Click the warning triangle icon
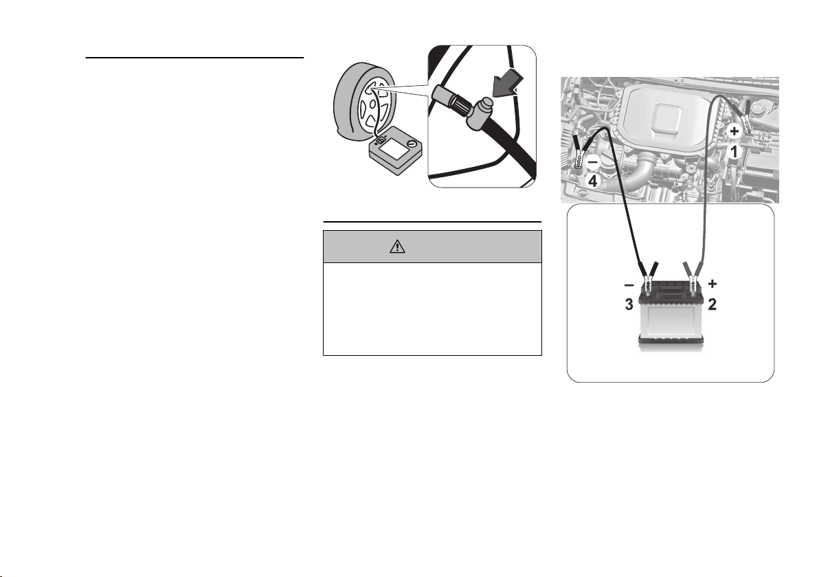point(397,246)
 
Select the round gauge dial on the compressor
point(412,144)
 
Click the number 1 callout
point(734,152)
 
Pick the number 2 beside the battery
point(713,304)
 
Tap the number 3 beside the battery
point(629,304)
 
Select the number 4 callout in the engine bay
point(593,182)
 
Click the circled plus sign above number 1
point(734,131)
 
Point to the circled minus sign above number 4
point(593,162)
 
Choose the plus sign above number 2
point(713,284)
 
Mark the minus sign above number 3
point(629,285)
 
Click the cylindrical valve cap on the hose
point(480,111)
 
